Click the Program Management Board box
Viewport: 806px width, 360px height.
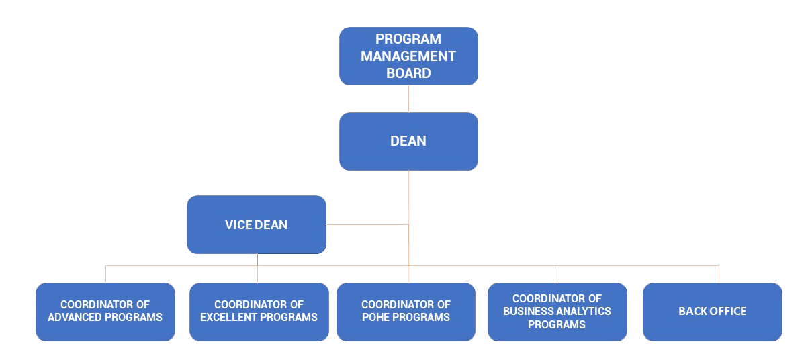[x=408, y=56]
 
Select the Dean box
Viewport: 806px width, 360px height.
[x=408, y=141]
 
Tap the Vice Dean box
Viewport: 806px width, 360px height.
[x=257, y=225]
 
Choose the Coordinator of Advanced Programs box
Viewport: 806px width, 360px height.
[x=105, y=312]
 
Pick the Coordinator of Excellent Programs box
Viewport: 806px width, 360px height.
[x=259, y=312]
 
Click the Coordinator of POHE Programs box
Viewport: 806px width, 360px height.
[x=406, y=312]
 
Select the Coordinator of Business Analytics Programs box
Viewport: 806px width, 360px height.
[x=557, y=312]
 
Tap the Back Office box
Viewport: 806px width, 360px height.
[x=713, y=312]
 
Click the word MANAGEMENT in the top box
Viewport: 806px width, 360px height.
[x=408, y=56]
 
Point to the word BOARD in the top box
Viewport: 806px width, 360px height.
[x=408, y=73]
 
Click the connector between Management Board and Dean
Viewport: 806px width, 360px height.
[x=408, y=99]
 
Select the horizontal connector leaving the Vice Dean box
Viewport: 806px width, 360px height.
[x=367, y=225]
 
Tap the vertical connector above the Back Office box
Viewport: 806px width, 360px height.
[x=719, y=275]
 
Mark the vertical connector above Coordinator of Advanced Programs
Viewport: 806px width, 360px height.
[x=106, y=275]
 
